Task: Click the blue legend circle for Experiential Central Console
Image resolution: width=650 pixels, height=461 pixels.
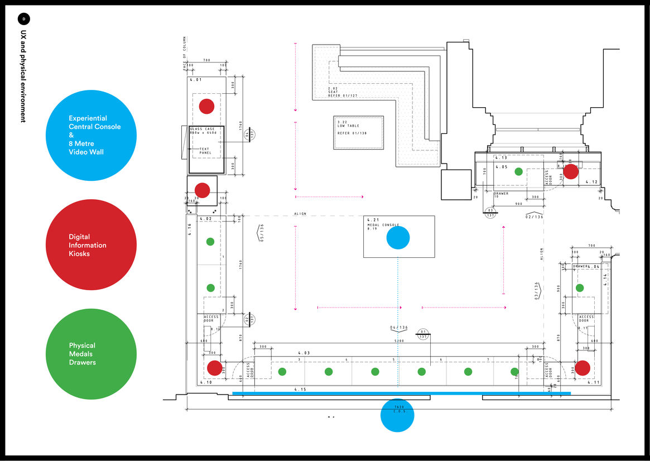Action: pyautogui.click(x=91, y=135)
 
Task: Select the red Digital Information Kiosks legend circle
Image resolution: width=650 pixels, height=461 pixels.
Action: pyautogui.click(x=91, y=244)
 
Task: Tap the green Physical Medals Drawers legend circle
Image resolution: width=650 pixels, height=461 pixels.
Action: pyautogui.click(x=91, y=354)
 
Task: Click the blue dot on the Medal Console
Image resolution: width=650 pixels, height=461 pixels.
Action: pyautogui.click(x=398, y=237)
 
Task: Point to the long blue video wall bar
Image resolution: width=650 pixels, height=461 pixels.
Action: pyautogui.click(x=401, y=393)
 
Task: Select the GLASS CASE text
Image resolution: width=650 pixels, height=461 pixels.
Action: pyautogui.click(x=202, y=129)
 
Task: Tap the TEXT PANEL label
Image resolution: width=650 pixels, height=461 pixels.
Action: pyautogui.click(x=205, y=151)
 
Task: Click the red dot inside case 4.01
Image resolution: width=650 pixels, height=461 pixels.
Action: pyautogui.click(x=207, y=106)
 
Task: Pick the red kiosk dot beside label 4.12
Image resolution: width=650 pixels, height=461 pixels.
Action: pyautogui.click(x=570, y=171)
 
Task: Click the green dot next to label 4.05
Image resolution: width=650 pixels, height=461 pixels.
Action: pyautogui.click(x=518, y=172)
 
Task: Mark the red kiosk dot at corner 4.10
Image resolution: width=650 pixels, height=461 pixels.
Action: pyautogui.click(x=214, y=368)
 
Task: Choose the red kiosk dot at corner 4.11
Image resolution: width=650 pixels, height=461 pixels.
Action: pyautogui.click(x=582, y=368)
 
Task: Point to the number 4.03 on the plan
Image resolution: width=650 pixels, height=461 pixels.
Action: pyautogui.click(x=304, y=353)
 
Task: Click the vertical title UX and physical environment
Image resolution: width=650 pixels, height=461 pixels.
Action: pyautogui.click(x=23, y=76)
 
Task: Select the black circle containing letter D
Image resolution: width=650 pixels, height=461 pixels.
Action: pyautogui.click(x=23, y=19)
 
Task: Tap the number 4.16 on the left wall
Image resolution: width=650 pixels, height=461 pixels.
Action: pyautogui.click(x=190, y=228)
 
